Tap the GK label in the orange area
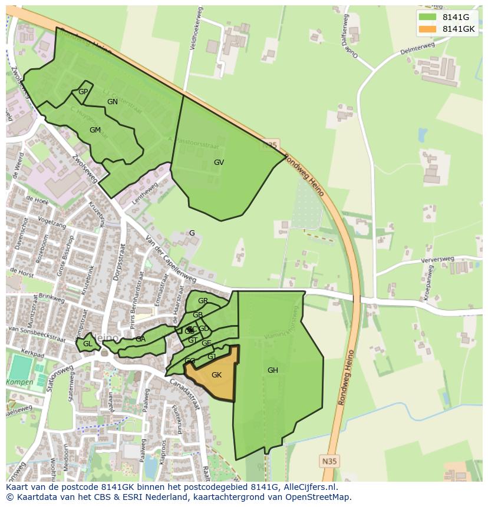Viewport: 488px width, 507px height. click(x=216, y=375)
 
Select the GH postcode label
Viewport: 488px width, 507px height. click(x=272, y=370)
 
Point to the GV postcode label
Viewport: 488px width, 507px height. click(x=219, y=163)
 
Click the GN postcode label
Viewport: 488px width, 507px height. click(x=113, y=102)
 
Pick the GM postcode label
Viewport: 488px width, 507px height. click(x=95, y=130)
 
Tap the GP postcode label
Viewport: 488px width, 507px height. click(x=83, y=92)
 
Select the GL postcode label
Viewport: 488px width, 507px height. click(x=87, y=344)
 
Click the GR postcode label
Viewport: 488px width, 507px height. click(x=203, y=301)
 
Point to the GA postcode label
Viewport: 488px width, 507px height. click(x=140, y=339)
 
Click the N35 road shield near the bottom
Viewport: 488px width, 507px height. click(x=330, y=461)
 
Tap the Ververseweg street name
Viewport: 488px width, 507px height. click(x=437, y=260)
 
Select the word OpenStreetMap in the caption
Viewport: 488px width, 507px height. click(x=317, y=497)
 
